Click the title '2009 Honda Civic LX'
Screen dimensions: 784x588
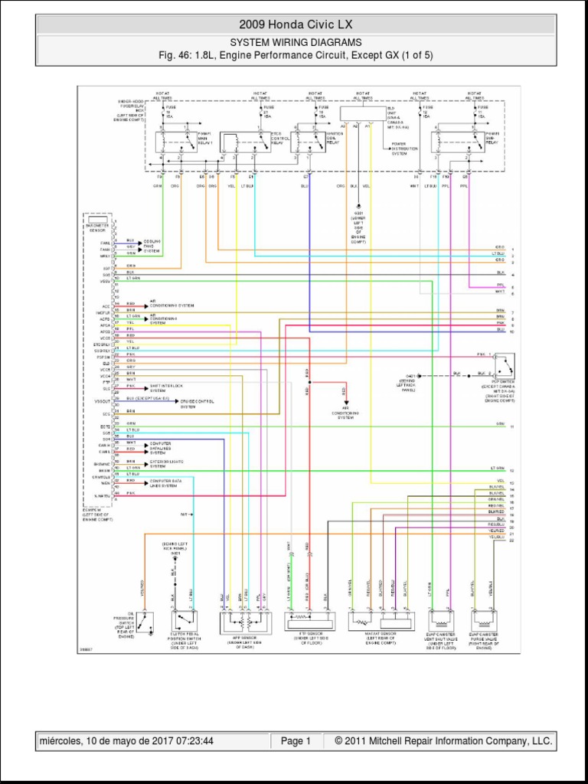pos(296,25)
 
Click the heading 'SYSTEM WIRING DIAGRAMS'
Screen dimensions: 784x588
pos(296,43)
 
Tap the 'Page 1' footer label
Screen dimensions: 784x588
pos(296,741)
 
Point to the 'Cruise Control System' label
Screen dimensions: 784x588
pos(198,403)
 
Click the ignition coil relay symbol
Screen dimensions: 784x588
pos(310,142)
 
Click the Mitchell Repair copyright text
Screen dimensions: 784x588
pos(438,741)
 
